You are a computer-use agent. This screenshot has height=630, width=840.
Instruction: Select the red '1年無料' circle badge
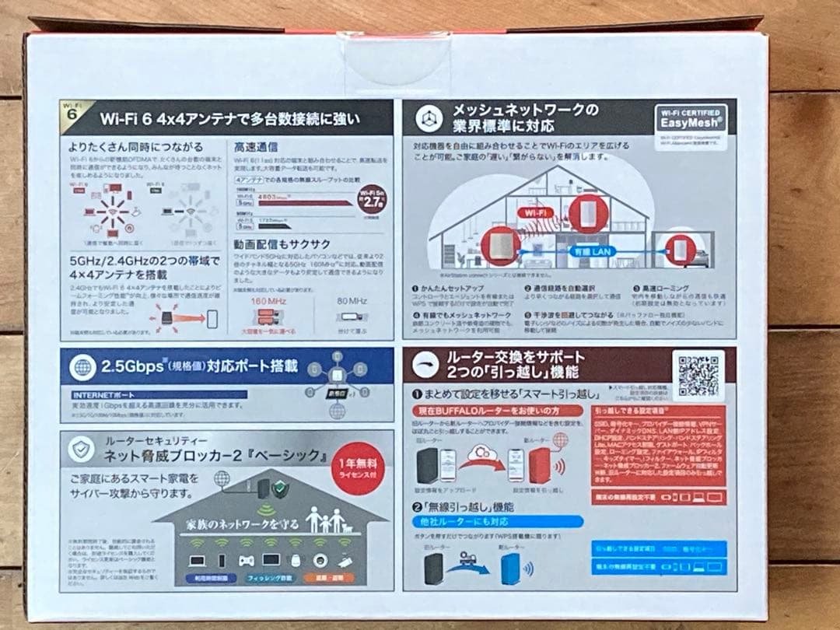355,469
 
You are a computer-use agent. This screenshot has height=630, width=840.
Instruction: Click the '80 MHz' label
352,300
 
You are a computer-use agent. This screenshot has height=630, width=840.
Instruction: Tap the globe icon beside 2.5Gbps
82,367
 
